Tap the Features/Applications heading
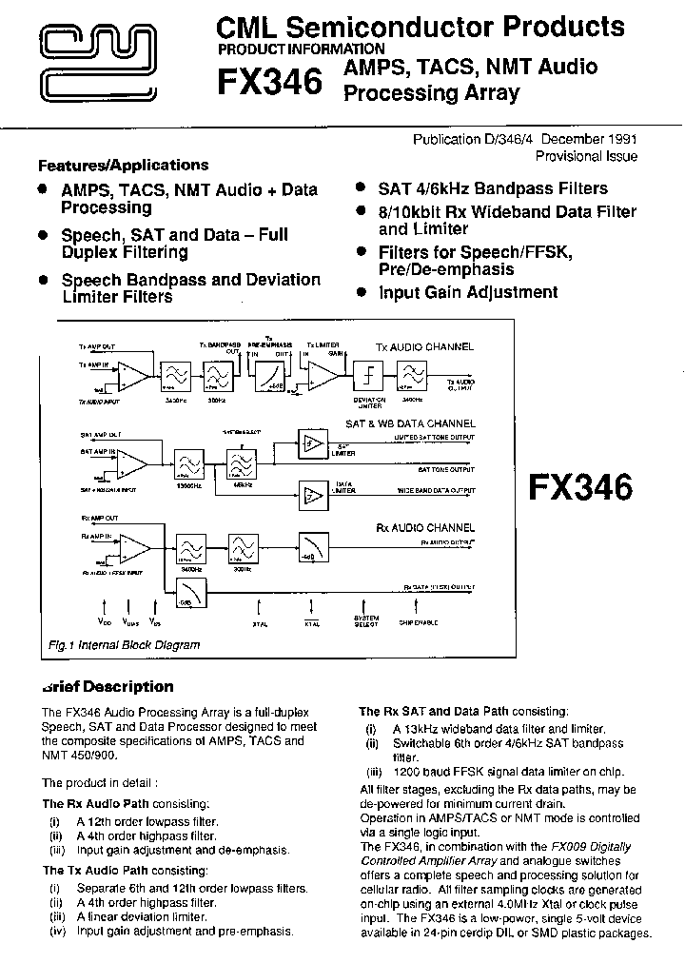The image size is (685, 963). (x=123, y=165)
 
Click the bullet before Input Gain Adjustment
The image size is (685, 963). (x=362, y=292)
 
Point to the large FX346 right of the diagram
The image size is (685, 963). (x=579, y=487)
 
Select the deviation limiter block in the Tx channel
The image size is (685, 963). (x=365, y=375)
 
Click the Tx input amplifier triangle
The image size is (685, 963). (x=133, y=375)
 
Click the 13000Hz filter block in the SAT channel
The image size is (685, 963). (x=188, y=464)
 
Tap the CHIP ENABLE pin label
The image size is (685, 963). (x=420, y=624)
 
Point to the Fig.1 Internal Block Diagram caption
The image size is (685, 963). (x=125, y=645)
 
